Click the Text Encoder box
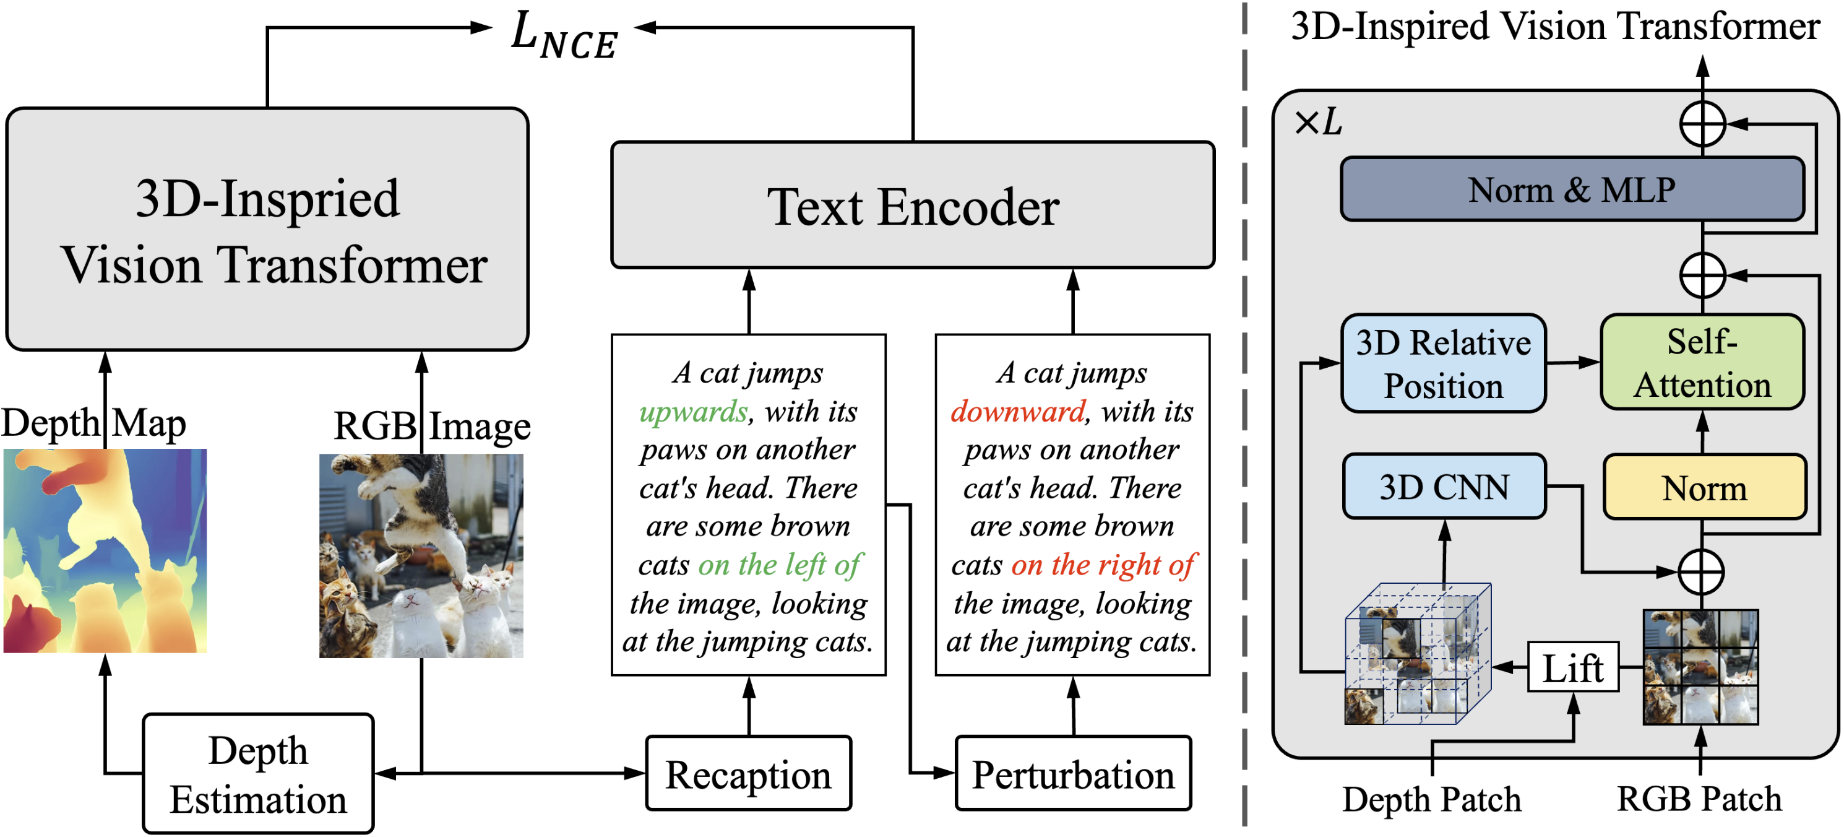pyautogui.click(x=912, y=206)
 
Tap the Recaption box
pyautogui.click(x=748, y=773)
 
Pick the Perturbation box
pyautogui.click(x=1072, y=773)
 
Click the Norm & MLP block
pyautogui.click(x=1571, y=189)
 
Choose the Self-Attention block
pyautogui.click(x=1702, y=362)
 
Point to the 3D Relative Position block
pyautogui.click(x=1443, y=363)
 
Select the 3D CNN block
pyautogui.click(x=1444, y=487)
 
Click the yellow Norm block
pyautogui.click(x=1704, y=488)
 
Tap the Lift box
pyautogui.click(x=1573, y=667)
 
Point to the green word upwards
pyautogui.click(x=693, y=412)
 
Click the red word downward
pyautogui.click(x=1017, y=412)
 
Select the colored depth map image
pyautogui.click(x=105, y=550)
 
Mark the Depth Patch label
pyautogui.click(x=1431, y=799)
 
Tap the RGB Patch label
pyautogui.click(x=1699, y=799)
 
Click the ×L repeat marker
pyautogui.click(x=1318, y=123)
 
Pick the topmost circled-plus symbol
pyautogui.click(x=1702, y=124)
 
